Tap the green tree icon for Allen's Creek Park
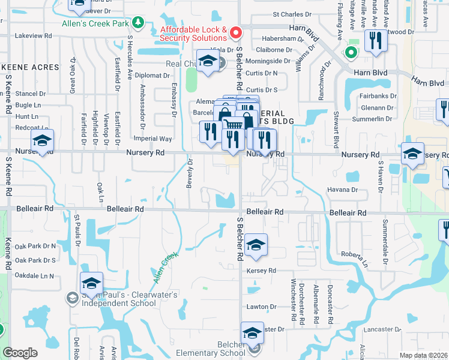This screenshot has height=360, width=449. point(139,23)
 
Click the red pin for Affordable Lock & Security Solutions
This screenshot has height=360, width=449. point(236,32)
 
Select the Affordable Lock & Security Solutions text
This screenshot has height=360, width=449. point(193,34)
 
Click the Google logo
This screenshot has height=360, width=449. point(20,353)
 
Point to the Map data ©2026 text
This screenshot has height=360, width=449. point(424,355)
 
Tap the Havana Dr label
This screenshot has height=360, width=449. point(343,190)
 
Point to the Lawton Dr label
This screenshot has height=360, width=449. point(261,307)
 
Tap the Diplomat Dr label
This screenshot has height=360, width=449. point(153,76)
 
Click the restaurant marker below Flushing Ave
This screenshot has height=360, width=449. point(376,42)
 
